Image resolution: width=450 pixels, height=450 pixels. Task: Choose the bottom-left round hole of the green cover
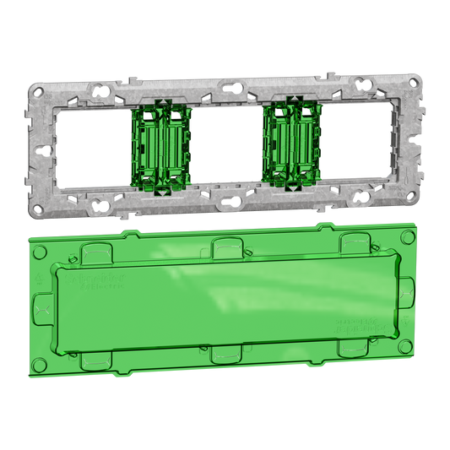[x=40, y=365]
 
